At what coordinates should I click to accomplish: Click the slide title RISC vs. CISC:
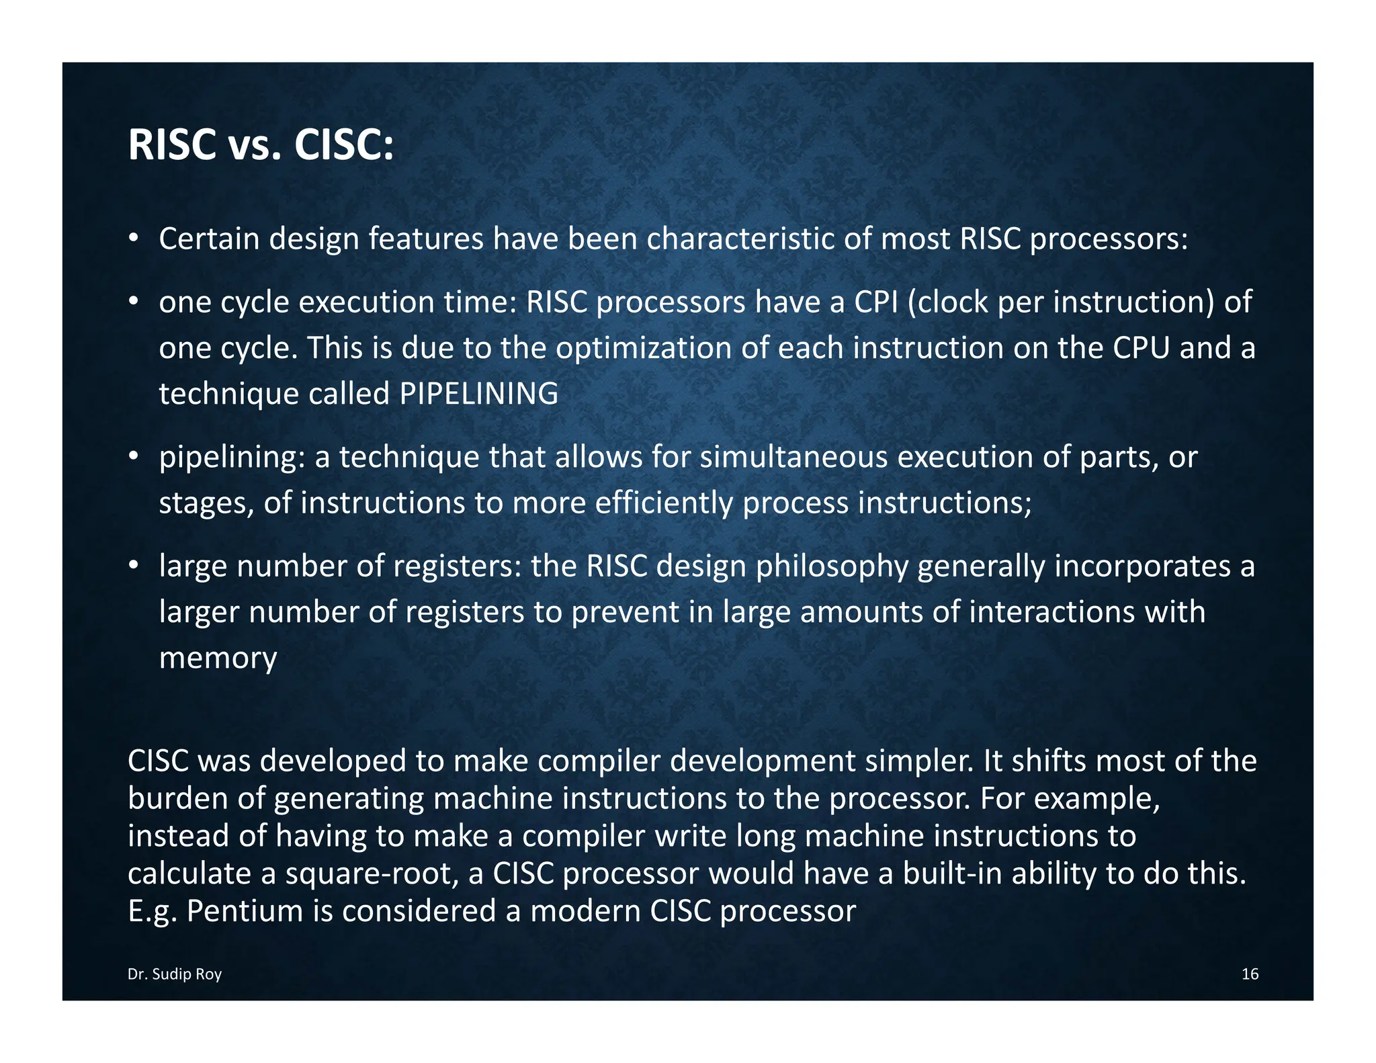click(x=260, y=145)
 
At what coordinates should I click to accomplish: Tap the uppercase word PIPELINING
click(x=478, y=394)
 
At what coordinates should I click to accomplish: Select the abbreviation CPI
click(x=875, y=302)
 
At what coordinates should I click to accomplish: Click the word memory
click(x=218, y=658)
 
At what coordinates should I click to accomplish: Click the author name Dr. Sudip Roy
click(x=175, y=974)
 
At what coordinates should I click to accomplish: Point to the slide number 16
click(x=1250, y=974)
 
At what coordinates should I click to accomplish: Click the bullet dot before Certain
click(x=134, y=238)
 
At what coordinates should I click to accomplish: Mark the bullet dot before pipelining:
click(x=134, y=456)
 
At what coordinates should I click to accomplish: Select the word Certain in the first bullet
click(x=209, y=239)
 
